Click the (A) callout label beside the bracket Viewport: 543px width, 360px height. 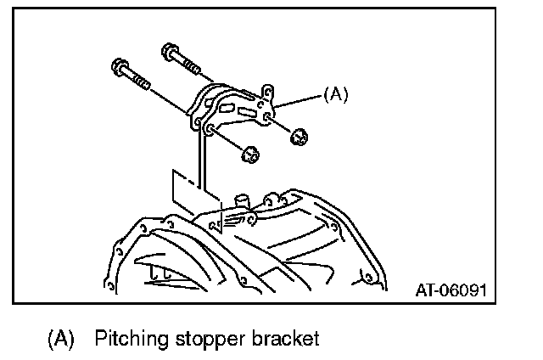pos(336,95)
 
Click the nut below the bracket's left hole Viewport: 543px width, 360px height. pos(249,155)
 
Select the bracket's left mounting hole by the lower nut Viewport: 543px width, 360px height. pos(209,128)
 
